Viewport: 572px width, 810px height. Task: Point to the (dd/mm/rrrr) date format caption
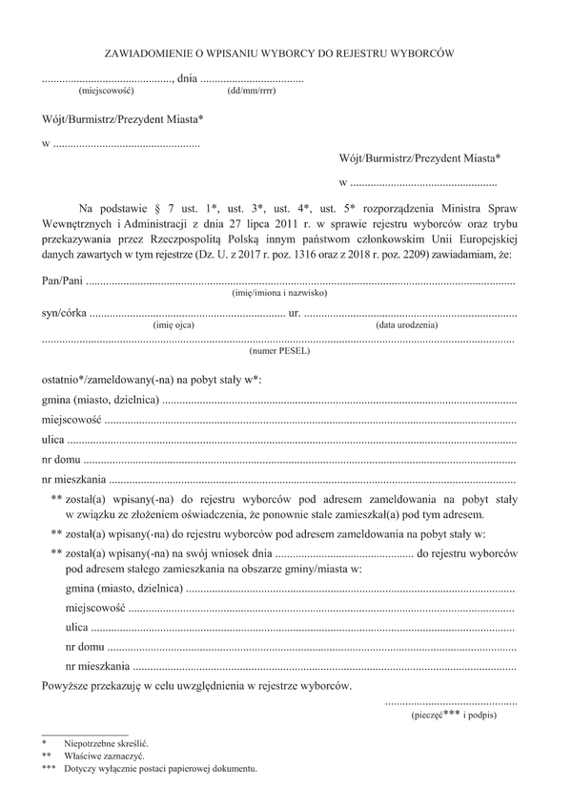[x=253, y=92]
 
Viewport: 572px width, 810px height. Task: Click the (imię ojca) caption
[x=174, y=325]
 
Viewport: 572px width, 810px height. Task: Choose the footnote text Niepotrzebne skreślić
[x=107, y=741]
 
